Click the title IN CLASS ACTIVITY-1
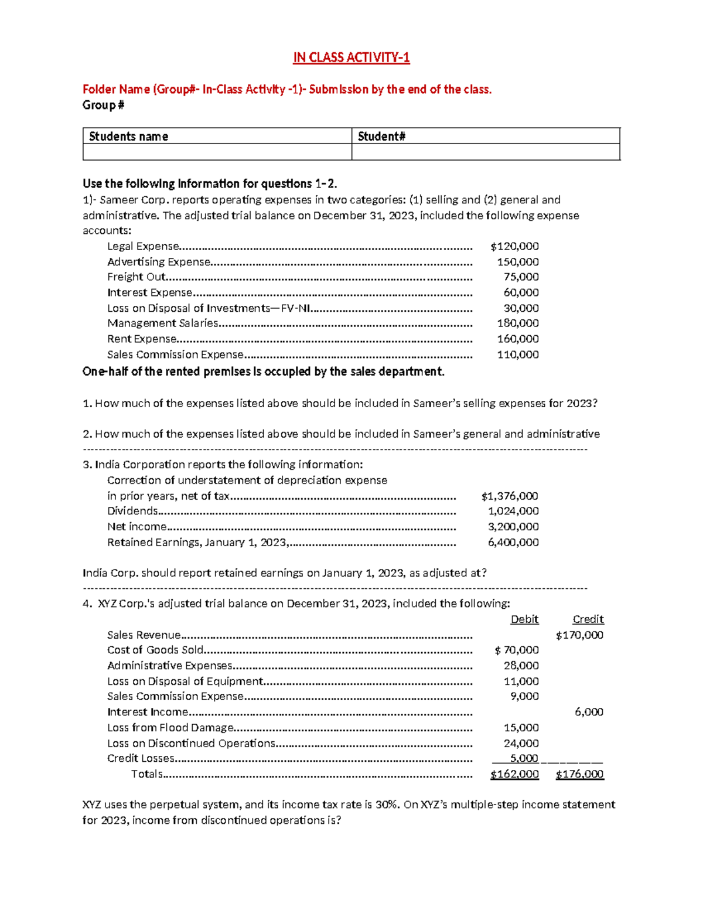click(351, 57)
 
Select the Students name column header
click(128, 137)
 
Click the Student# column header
click(381, 137)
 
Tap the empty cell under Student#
click(485, 152)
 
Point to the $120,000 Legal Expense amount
click(514, 246)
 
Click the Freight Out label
click(136, 277)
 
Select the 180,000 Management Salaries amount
click(518, 323)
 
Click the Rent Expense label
click(142, 339)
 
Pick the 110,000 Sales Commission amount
click(518, 355)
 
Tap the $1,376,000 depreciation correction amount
click(509, 496)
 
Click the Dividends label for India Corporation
click(132, 511)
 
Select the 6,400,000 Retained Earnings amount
click(513, 542)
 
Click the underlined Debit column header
click(524, 619)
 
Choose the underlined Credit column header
click(588, 619)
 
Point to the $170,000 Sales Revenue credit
click(579, 635)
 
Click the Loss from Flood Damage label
click(170, 728)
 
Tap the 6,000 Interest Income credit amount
click(589, 712)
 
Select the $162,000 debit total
click(514, 774)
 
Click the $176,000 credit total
click(579, 774)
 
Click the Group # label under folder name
click(103, 105)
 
